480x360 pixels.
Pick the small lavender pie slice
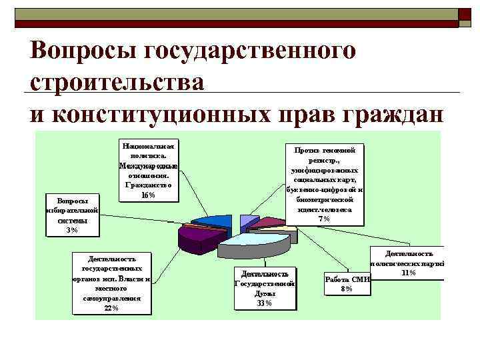247,221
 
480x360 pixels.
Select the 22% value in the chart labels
111,307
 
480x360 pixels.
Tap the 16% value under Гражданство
148,195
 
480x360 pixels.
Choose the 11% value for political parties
409,272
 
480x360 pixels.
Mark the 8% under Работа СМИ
346,289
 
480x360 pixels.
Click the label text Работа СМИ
346,279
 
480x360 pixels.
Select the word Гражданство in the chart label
148,185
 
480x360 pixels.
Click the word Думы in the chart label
264,293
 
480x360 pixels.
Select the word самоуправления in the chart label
112,298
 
